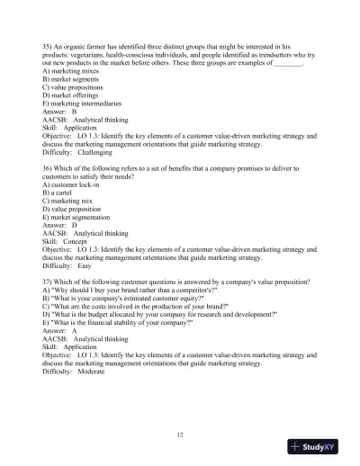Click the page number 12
(x=180, y=435)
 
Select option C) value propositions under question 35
(x=79, y=87)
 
